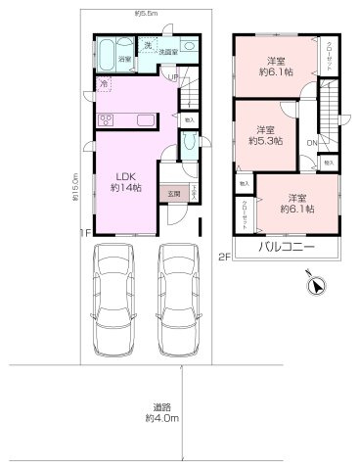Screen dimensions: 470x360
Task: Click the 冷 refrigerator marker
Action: (103, 85)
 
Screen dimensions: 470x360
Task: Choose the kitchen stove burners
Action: (105, 120)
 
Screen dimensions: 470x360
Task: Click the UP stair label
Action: (173, 76)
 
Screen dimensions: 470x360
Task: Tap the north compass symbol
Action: (314, 287)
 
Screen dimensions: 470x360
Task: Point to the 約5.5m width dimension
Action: (145, 13)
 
